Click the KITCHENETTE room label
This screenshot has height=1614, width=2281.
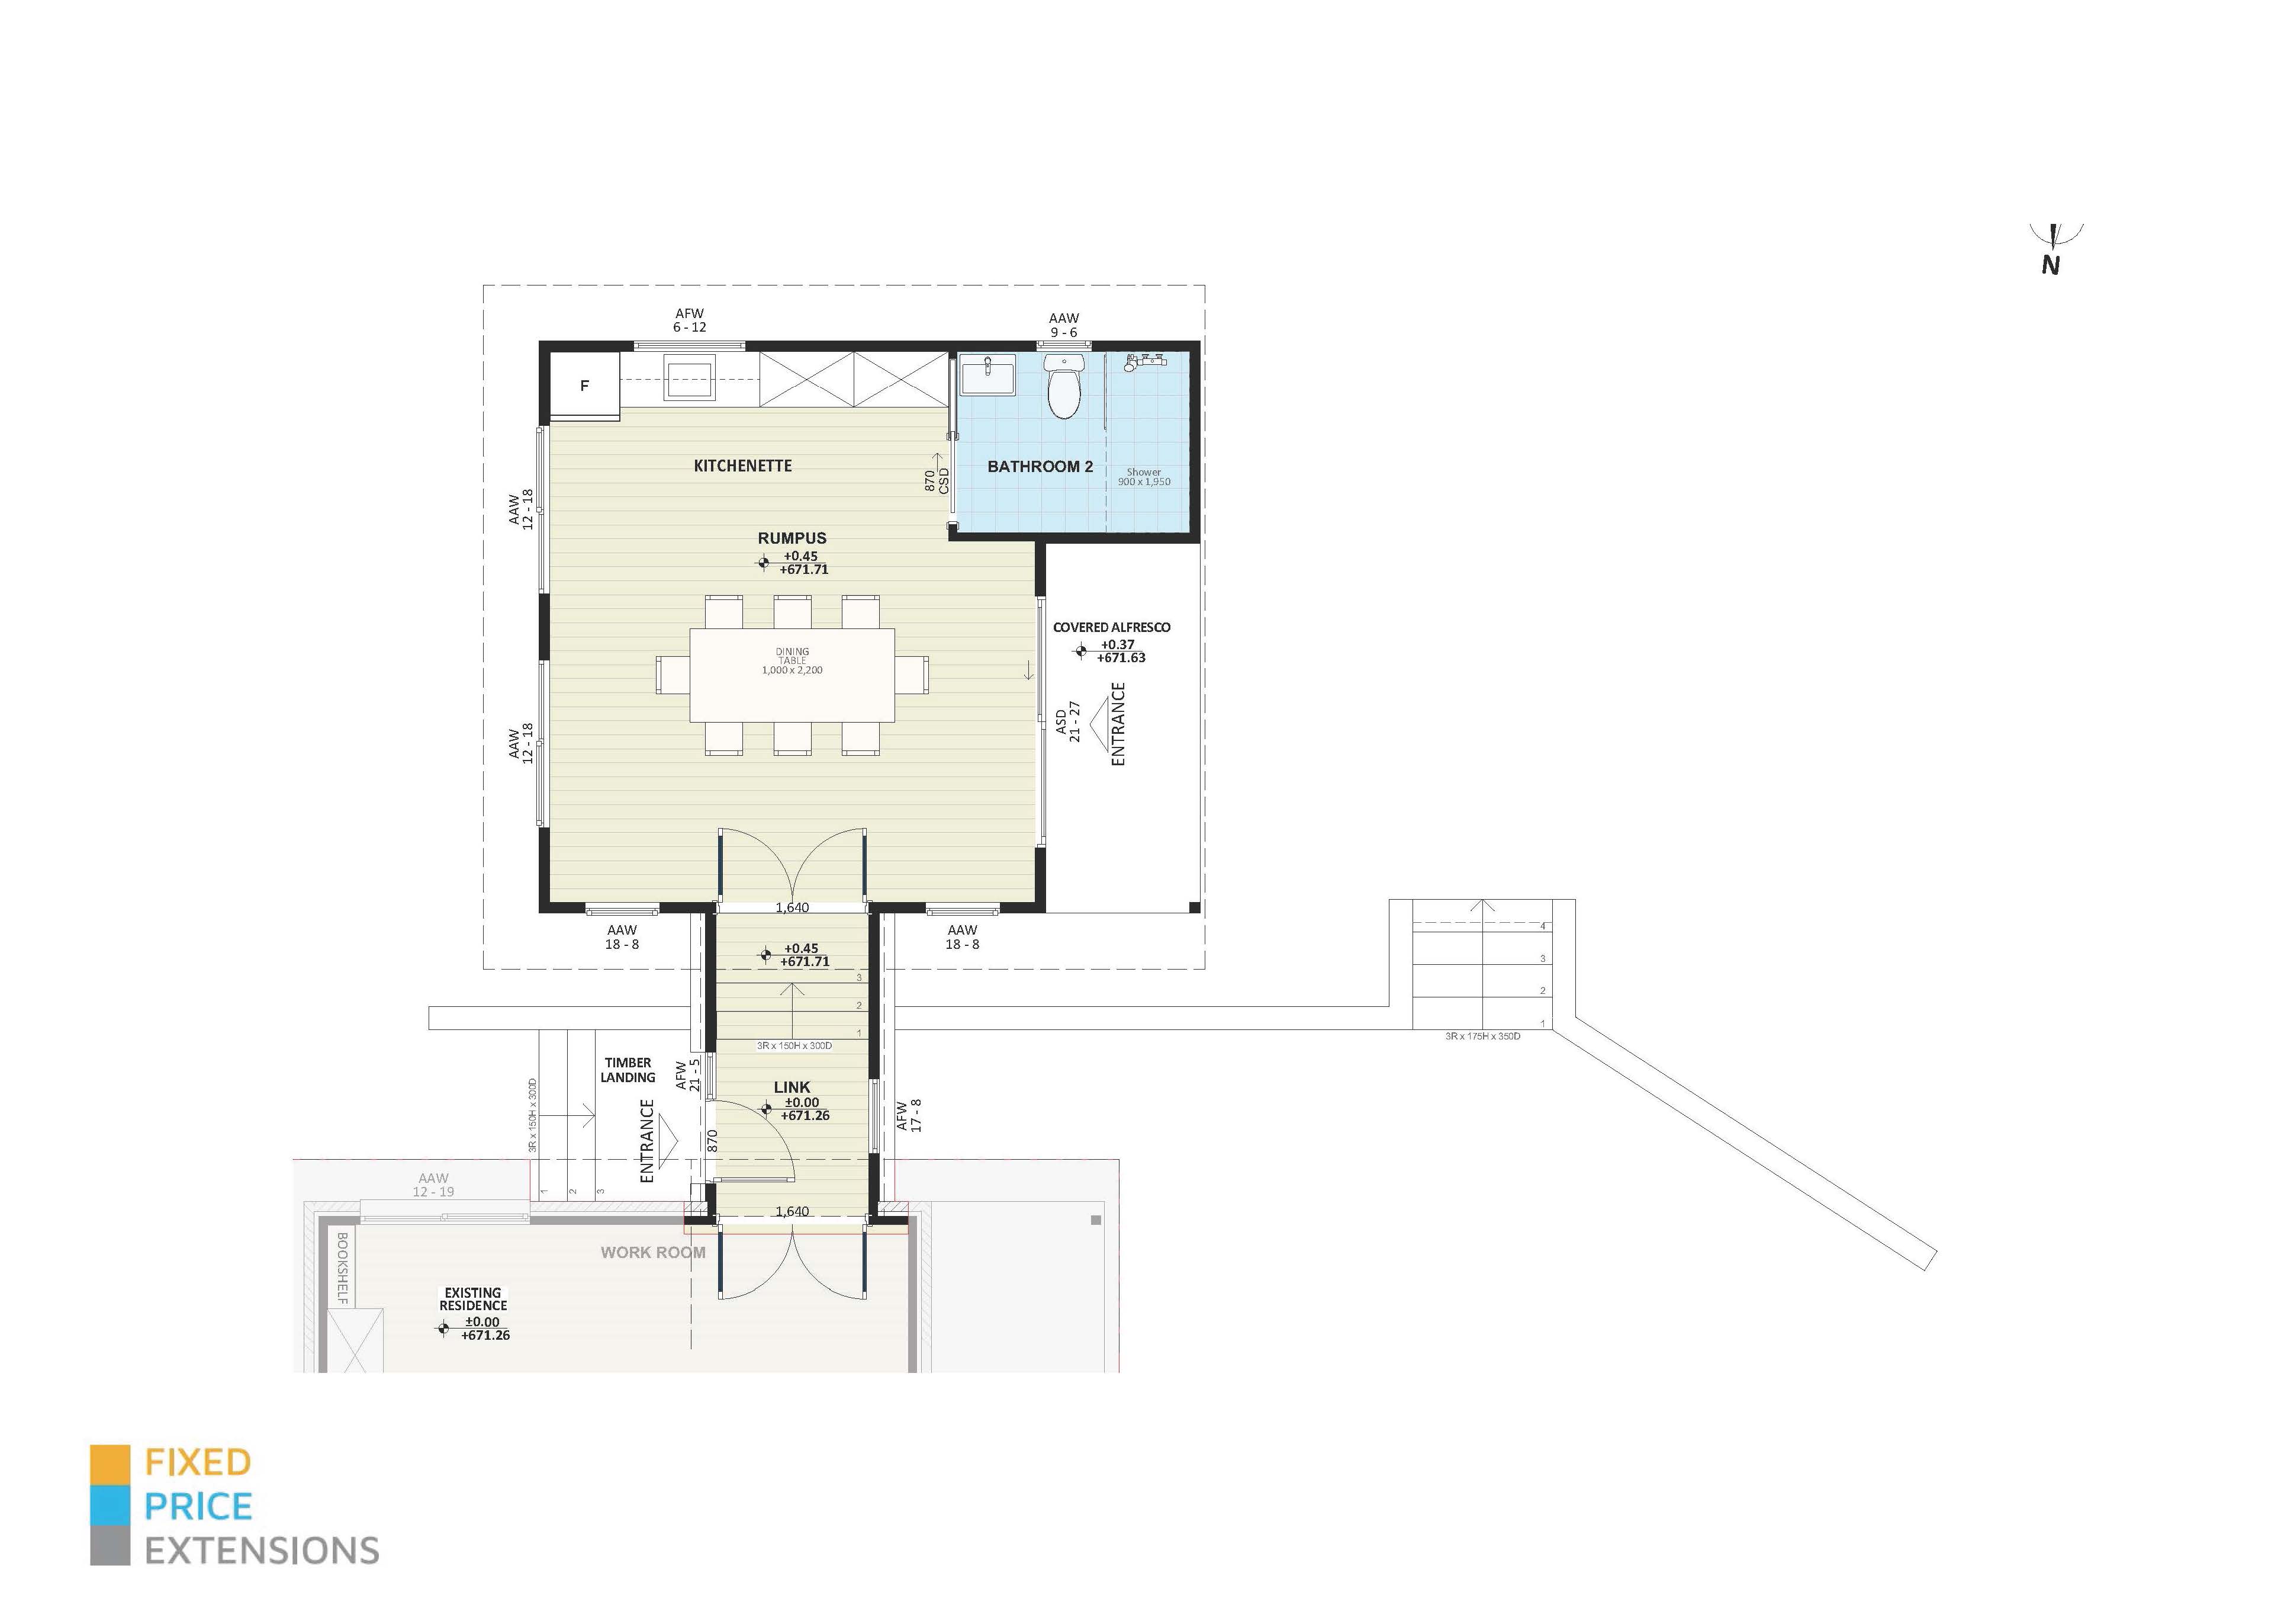[742, 465]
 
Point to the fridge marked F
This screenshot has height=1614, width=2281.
[584, 386]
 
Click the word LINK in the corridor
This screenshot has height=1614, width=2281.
[792, 1087]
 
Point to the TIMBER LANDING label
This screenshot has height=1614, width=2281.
[628, 1069]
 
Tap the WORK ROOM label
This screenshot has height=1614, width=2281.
[653, 1252]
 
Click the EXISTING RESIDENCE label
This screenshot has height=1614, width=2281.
[473, 1299]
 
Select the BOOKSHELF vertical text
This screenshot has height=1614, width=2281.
[342, 1268]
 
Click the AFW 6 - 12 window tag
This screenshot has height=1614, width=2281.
[690, 320]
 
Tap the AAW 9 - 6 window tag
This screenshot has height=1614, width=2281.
[1063, 325]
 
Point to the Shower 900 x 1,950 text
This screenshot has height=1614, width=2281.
[1144, 477]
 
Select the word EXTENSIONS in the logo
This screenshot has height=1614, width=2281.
[262, 1551]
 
